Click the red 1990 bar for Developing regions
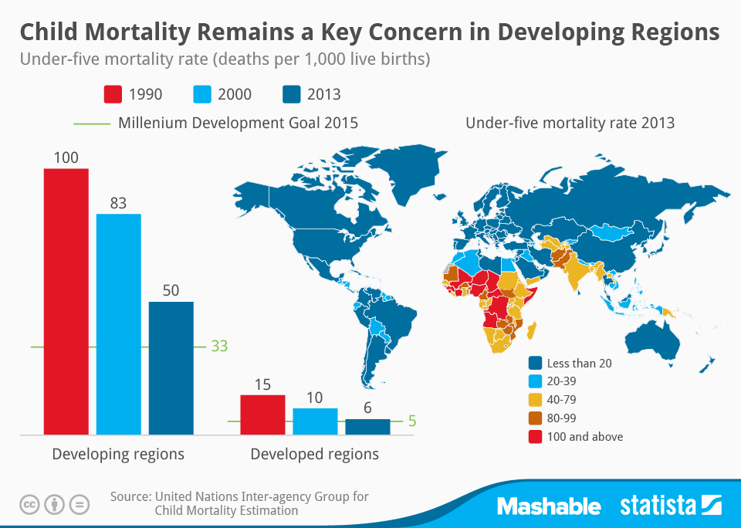(x=66, y=301)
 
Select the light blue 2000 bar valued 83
(x=118, y=324)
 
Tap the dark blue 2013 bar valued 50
(x=171, y=367)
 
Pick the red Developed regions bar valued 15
(x=262, y=415)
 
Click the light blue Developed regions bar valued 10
(x=315, y=421)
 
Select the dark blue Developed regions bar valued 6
(x=367, y=426)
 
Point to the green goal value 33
(x=219, y=347)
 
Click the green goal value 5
(x=412, y=421)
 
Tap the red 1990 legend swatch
(x=113, y=94)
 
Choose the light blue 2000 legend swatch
(x=202, y=94)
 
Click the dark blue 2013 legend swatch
(x=290, y=94)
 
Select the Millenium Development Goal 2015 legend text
(x=238, y=123)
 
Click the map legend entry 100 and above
(x=584, y=436)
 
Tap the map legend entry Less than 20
(x=579, y=363)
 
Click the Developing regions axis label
(x=118, y=454)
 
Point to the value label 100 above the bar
(x=66, y=157)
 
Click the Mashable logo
(x=548, y=506)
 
